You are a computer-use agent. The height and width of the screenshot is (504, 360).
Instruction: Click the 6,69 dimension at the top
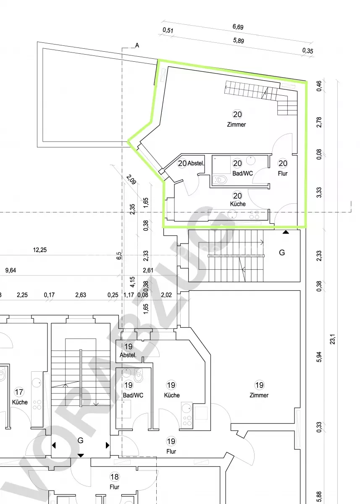click(238, 27)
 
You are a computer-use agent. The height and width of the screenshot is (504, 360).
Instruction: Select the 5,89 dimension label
click(239, 41)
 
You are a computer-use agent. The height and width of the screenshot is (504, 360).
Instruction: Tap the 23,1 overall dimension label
click(333, 339)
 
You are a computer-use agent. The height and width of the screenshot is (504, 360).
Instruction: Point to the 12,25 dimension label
click(40, 250)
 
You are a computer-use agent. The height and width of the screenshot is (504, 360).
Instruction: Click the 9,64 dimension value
click(11, 270)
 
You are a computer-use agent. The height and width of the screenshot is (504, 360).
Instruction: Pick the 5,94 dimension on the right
click(319, 357)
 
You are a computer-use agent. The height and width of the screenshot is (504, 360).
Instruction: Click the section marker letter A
click(137, 45)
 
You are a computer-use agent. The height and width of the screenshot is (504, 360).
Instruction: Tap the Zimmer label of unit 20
click(236, 124)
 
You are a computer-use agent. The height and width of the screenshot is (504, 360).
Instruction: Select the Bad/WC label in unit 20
click(242, 173)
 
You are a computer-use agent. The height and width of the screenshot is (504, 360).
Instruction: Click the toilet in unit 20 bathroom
click(221, 180)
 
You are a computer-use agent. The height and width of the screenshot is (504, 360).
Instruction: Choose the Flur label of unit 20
click(283, 173)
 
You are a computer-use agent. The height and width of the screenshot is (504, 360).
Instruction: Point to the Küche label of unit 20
click(238, 204)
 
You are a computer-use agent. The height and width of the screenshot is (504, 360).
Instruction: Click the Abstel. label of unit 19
click(128, 355)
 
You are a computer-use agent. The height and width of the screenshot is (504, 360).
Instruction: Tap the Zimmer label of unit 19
click(259, 395)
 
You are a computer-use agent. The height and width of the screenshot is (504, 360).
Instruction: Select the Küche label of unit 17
click(20, 402)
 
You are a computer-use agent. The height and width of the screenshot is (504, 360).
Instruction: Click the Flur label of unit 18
click(114, 487)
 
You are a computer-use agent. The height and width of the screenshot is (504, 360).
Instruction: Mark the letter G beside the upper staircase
click(282, 252)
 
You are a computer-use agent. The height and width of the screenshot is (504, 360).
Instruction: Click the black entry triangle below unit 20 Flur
click(286, 232)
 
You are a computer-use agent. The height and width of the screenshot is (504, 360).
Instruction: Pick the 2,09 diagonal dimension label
click(131, 180)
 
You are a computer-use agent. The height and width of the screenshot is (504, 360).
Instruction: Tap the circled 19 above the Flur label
click(171, 441)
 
